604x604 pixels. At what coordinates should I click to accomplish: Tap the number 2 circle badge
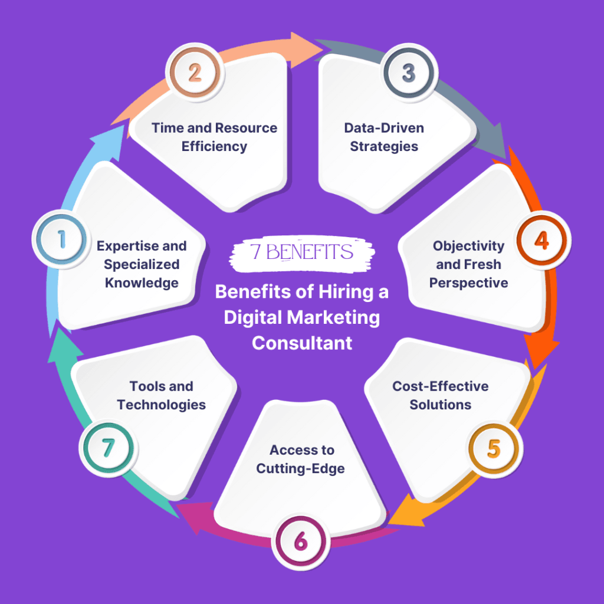[x=195, y=73]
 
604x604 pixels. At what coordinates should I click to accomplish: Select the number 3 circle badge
[x=408, y=73]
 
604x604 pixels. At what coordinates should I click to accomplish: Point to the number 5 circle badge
[x=494, y=449]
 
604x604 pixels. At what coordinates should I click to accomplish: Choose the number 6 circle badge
[x=300, y=542]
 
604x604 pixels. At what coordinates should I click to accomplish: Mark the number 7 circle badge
[x=107, y=449]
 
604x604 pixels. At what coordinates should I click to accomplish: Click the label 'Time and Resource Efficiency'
[x=214, y=137]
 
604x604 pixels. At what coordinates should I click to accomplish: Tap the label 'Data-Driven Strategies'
[x=384, y=137]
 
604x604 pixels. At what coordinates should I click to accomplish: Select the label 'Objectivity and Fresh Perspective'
[x=468, y=264]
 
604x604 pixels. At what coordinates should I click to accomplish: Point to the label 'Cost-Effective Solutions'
[x=441, y=395]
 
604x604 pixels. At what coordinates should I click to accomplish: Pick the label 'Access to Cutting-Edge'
[x=302, y=459]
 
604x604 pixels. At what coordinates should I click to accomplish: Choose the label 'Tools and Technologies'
[x=161, y=395]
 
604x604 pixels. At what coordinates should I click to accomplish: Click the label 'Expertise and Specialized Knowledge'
[x=142, y=264]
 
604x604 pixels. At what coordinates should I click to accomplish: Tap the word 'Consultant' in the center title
[x=301, y=343]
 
